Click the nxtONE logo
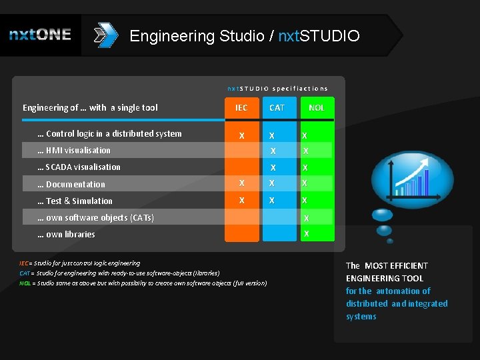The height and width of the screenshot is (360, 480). [40, 35]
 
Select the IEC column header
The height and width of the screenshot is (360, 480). [241, 107]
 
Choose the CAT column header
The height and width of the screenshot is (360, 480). [277, 107]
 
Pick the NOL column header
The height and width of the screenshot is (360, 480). [317, 107]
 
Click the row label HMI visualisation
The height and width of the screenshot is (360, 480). [74, 151]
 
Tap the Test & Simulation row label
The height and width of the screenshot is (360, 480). [75, 201]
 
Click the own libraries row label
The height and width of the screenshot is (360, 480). [66, 235]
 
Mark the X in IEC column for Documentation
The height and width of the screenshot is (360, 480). [241, 183]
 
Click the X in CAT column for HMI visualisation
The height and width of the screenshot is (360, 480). [273, 151]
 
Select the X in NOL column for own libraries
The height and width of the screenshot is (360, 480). [307, 234]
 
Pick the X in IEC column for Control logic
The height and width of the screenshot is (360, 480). [241, 136]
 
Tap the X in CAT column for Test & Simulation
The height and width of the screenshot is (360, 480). [272, 201]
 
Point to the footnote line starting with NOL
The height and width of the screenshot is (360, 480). [143, 283]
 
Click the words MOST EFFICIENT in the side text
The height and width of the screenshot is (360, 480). [396, 266]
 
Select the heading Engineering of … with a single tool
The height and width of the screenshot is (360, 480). [90, 108]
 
